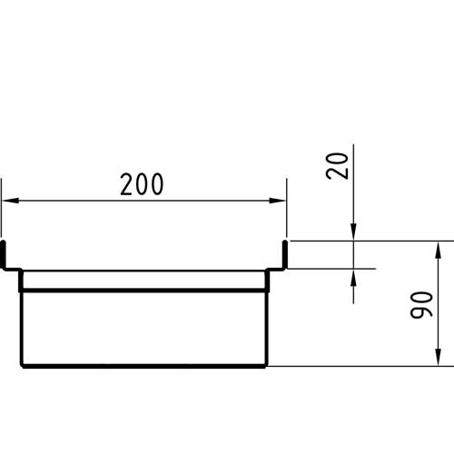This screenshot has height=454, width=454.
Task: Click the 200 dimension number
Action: click(x=142, y=184)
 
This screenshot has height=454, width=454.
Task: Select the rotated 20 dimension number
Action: click(x=338, y=166)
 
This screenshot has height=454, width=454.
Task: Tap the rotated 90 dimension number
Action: click(x=421, y=305)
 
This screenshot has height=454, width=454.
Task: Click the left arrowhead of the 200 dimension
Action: click(x=10, y=201)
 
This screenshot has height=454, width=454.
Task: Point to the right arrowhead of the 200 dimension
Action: click(x=278, y=201)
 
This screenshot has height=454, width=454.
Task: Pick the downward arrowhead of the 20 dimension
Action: click(x=353, y=232)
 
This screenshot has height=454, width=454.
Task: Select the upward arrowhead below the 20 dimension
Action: click(x=353, y=277)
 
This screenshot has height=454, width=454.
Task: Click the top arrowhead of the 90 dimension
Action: click(x=438, y=250)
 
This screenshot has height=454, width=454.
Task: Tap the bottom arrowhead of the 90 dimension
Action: click(x=438, y=358)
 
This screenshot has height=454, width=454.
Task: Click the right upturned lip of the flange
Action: click(x=285, y=253)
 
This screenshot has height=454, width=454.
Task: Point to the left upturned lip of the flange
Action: click(x=4, y=253)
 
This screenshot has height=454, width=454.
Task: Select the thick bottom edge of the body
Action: click(x=144, y=367)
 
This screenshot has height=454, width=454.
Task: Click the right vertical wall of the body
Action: click(x=267, y=318)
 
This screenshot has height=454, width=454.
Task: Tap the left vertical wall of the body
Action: click(x=21, y=318)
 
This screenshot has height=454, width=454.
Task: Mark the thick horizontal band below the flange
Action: click(x=144, y=291)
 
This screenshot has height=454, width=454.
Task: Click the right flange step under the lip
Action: click(x=276, y=269)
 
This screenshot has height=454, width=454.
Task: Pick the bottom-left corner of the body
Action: click(x=22, y=366)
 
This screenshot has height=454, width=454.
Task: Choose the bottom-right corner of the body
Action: click(x=266, y=366)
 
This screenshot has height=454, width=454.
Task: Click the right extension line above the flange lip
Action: click(x=287, y=208)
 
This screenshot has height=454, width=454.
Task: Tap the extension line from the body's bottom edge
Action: click(x=360, y=366)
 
